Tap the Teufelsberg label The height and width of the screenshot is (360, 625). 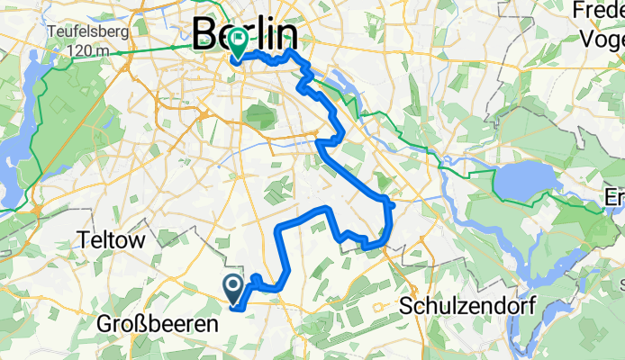[87, 30]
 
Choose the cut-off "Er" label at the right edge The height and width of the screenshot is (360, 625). [615, 197]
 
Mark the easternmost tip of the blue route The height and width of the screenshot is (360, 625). [394, 203]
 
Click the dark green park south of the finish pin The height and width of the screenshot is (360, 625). [259, 115]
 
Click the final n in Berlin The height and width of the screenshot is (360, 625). [287, 34]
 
